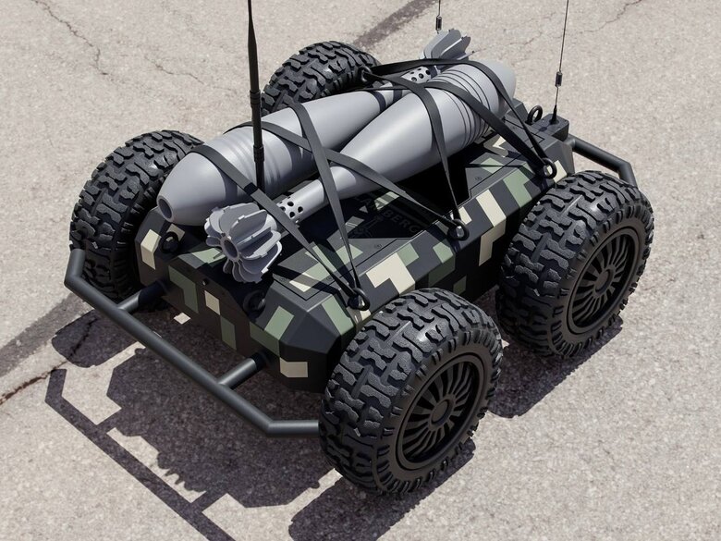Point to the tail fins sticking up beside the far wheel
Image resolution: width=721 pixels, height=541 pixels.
coord(446,44)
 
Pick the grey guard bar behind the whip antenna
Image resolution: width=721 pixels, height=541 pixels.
coord(606,157)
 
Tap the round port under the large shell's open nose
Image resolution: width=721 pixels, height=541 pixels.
coord(169,243)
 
